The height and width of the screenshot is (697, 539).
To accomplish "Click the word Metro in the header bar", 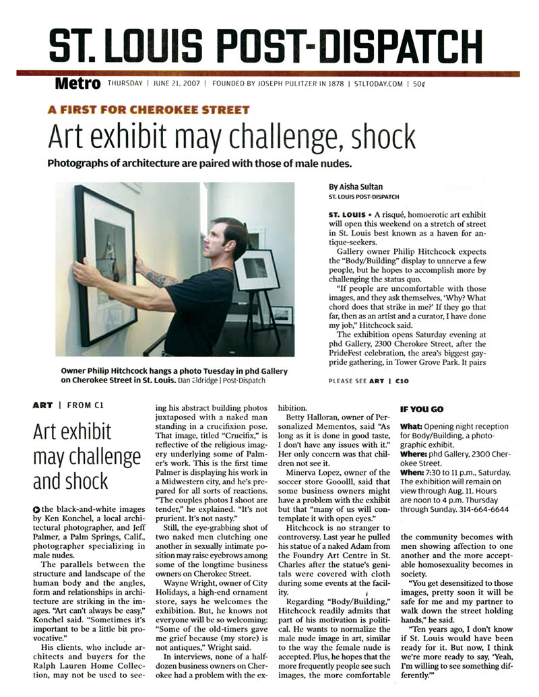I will (x=78, y=84).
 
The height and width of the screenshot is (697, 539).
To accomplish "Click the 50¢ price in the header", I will (x=418, y=84).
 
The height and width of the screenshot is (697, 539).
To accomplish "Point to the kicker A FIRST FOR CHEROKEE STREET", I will (x=148, y=110).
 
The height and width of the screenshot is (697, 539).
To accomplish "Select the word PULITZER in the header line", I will (x=307, y=84).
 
